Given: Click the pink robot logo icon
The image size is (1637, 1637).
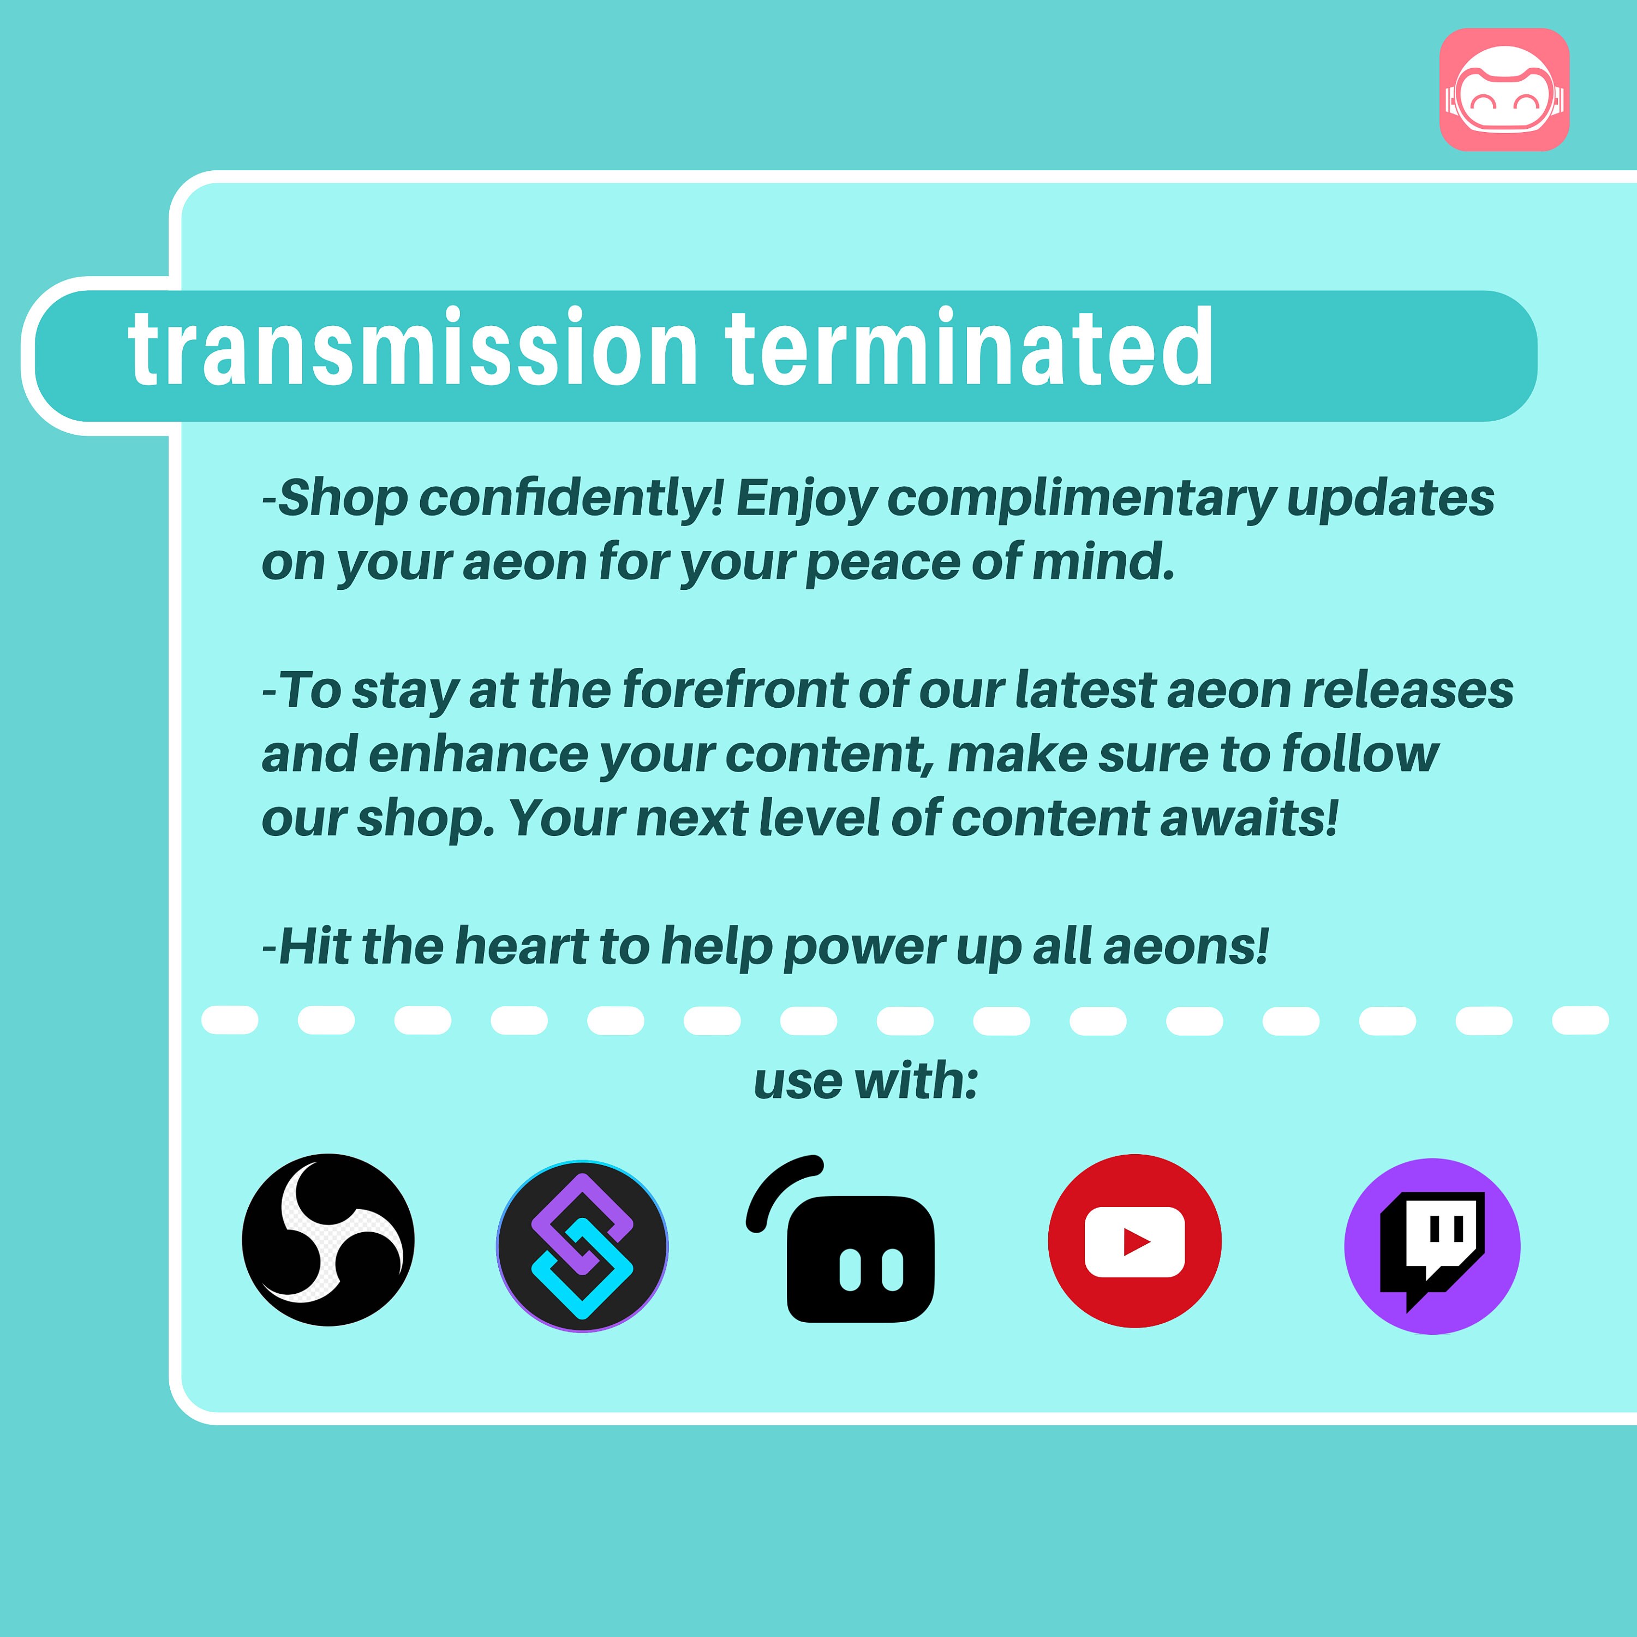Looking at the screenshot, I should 1504,90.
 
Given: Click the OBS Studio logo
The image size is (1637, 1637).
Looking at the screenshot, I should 328,1240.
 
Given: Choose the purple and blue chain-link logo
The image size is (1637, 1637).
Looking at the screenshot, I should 582,1246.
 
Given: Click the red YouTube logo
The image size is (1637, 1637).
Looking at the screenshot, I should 1134,1240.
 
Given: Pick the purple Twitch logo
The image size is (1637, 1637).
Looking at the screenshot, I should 1432,1246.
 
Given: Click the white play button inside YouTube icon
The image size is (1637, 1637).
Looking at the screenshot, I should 1134,1242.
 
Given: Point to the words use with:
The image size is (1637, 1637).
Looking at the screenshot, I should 866,1082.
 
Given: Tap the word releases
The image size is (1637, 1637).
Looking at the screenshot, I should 1407,690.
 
